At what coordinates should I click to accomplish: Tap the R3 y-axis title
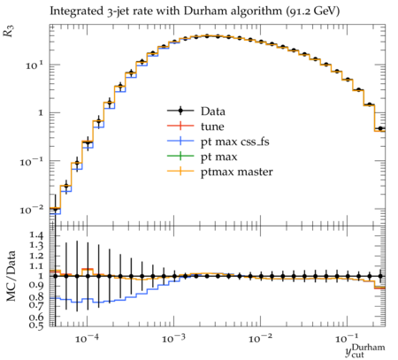pyautogui.click(x=9, y=30)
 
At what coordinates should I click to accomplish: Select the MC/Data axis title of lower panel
pyautogui.click(x=11, y=276)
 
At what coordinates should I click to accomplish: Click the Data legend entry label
pyautogui.click(x=213, y=111)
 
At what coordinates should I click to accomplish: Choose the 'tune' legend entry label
pyautogui.click(x=212, y=126)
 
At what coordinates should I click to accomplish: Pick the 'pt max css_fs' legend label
pyautogui.click(x=235, y=142)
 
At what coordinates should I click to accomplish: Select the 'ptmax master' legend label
pyautogui.click(x=237, y=172)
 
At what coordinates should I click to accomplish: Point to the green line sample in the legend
pyautogui.click(x=180, y=157)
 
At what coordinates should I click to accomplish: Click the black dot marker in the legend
pyautogui.click(x=180, y=111)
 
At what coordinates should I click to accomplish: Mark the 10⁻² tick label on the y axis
pyautogui.click(x=32, y=210)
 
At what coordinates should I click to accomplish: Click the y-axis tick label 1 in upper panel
pyautogui.click(x=41, y=112)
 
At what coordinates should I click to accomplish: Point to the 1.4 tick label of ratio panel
pyautogui.click(x=37, y=235)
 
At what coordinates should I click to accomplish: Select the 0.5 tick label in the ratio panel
pyautogui.click(x=37, y=325)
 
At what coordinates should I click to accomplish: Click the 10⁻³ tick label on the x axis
pyautogui.click(x=174, y=339)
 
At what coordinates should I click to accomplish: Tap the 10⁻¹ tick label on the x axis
pyautogui.click(x=348, y=339)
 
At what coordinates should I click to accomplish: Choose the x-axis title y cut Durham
pyautogui.click(x=365, y=351)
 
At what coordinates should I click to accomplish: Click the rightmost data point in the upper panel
pyautogui.click(x=380, y=128)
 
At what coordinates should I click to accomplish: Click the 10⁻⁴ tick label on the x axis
pyautogui.click(x=88, y=339)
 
